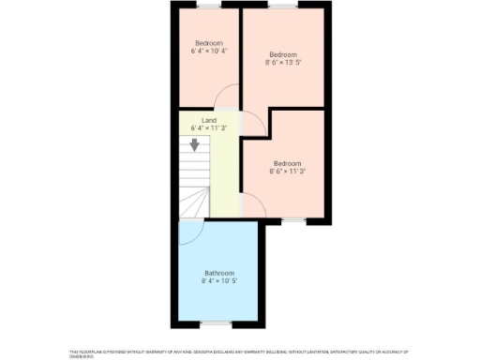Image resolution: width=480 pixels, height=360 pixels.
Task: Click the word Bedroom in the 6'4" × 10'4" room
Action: coord(209,43)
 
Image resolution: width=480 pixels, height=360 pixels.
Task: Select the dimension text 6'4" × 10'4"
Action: coord(209,52)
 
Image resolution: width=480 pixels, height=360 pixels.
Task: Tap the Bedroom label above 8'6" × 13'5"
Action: coord(283,53)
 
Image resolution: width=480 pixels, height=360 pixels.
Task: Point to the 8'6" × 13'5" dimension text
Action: coord(283,63)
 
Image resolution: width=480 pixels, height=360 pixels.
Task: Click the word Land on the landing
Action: coord(209,120)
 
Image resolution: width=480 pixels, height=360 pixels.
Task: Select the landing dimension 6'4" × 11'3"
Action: coord(209,128)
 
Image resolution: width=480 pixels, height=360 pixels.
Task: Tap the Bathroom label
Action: coord(218,273)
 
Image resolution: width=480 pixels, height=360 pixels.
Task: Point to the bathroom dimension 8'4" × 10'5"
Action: coord(218,281)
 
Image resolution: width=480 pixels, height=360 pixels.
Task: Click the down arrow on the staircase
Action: coord(195,144)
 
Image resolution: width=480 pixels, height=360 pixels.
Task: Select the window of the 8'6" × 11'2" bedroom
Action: coord(293,220)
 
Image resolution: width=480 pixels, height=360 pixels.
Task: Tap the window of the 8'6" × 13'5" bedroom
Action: coord(282,5)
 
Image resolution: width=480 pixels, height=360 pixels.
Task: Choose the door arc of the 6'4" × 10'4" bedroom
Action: coord(225,98)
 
